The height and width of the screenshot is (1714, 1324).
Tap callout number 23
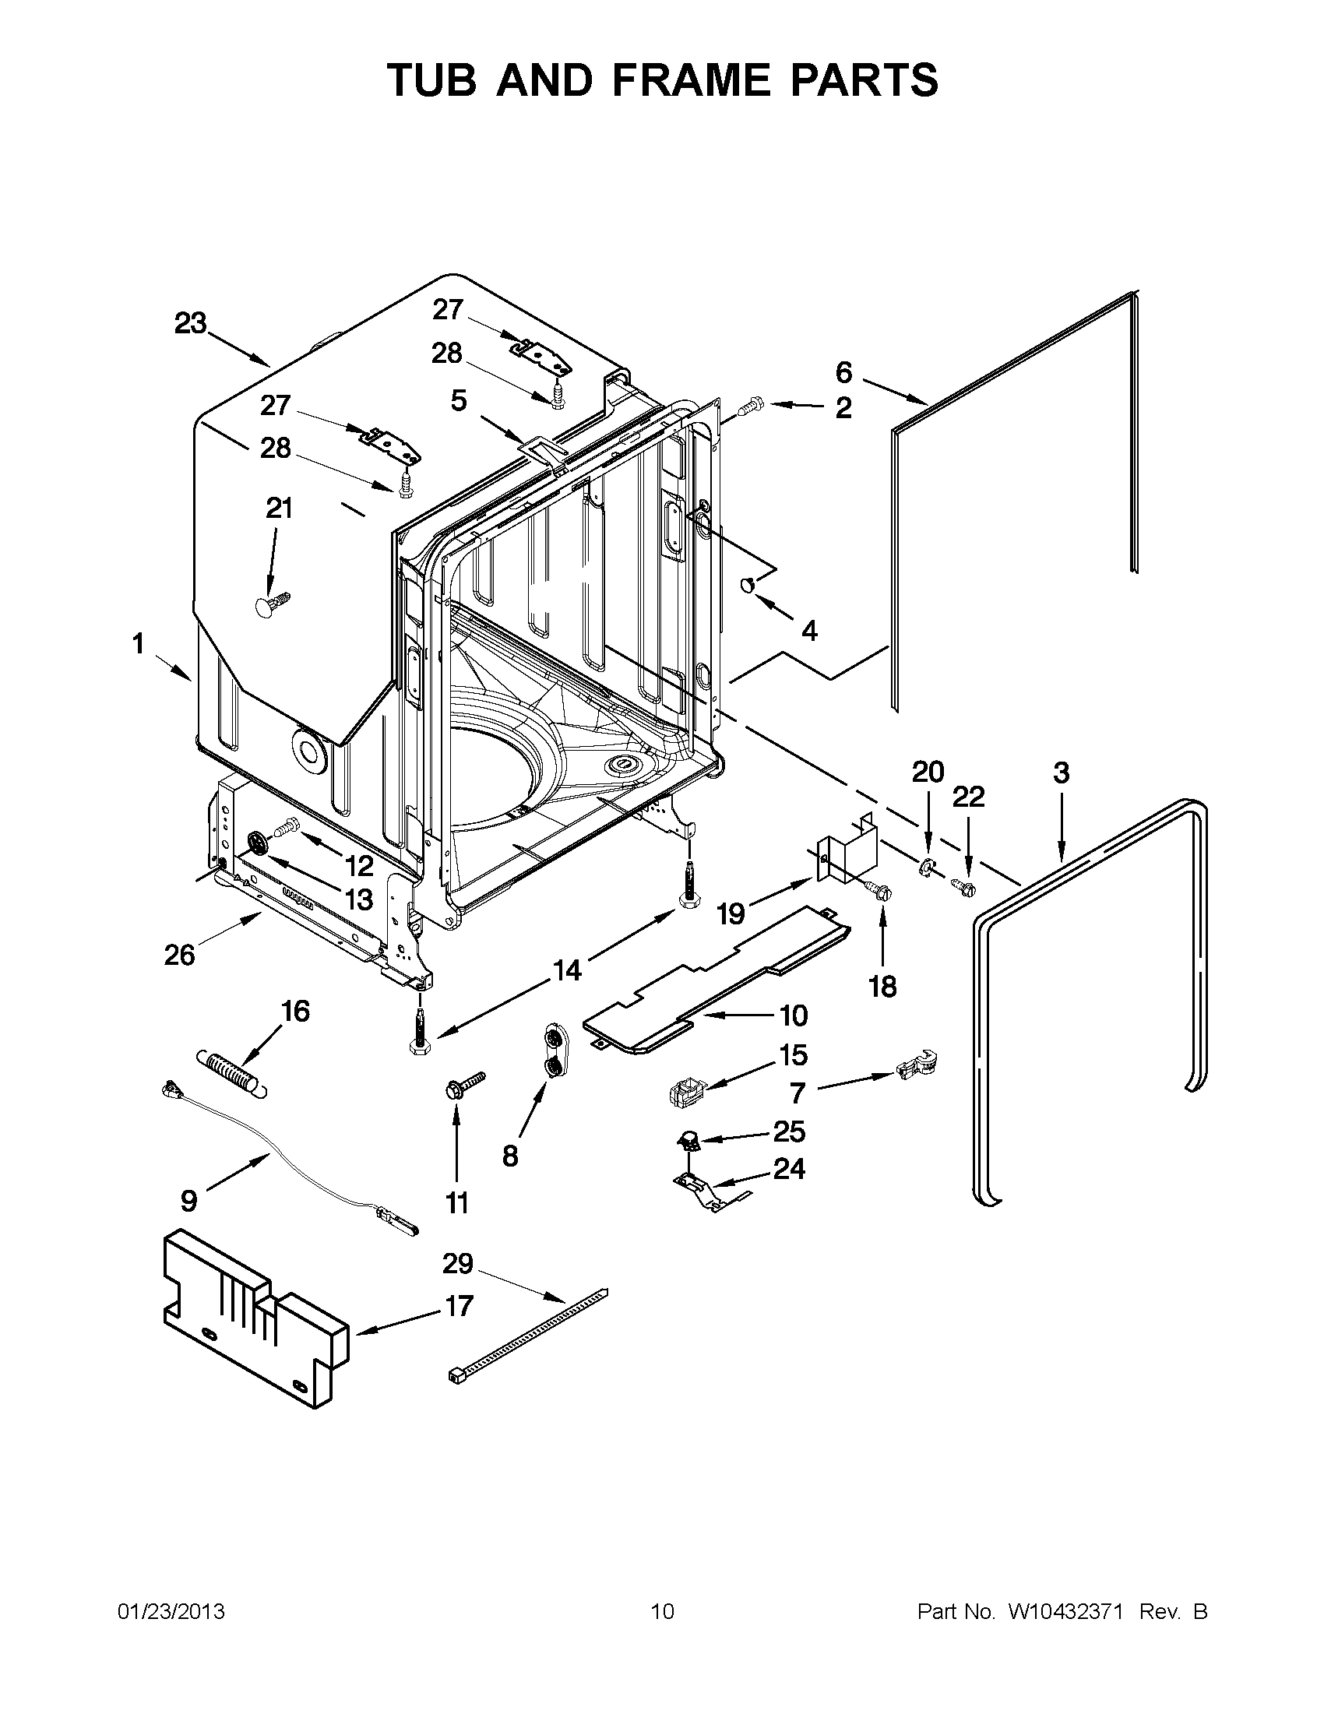[x=190, y=323]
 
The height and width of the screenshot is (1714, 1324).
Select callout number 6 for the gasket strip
[x=843, y=371]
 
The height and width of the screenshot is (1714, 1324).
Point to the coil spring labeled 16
[x=231, y=1072]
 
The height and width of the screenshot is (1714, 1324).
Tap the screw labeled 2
[x=748, y=406]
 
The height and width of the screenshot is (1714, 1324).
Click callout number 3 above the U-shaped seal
[x=1060, y=773]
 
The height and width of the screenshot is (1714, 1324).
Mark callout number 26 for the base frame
[x=179, y=955]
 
